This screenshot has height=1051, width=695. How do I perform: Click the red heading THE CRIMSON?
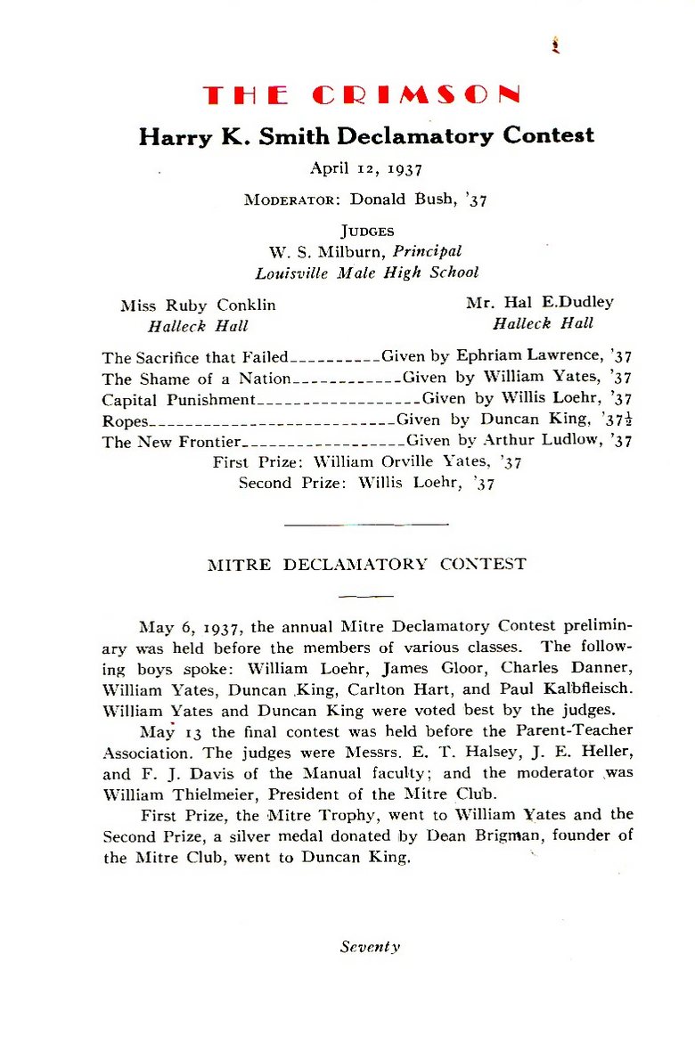click(x=361, y=95)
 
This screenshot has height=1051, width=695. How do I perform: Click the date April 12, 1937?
click(x=365, y=167)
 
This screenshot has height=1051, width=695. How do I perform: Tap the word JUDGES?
click(x=366, y=232)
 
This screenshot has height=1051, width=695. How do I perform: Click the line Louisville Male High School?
click(x=366, y=273)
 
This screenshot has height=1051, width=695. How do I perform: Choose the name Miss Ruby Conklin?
click(x=198, y=306)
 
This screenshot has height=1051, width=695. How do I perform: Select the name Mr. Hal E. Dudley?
click(x=540, y=303)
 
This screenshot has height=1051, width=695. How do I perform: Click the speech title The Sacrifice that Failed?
click(x=195, y=358)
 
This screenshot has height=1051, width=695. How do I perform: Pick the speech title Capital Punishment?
click(x=179, y=399)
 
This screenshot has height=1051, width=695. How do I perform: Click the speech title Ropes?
click(x=124, y=420)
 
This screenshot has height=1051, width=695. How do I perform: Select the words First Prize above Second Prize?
click(x=259, y=462)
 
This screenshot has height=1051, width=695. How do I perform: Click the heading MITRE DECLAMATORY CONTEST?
click(x=366, y=565)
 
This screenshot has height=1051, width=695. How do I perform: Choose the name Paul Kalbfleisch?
click(x=568, y=689)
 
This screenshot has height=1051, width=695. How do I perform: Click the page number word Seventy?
click(x=370, y=947)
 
